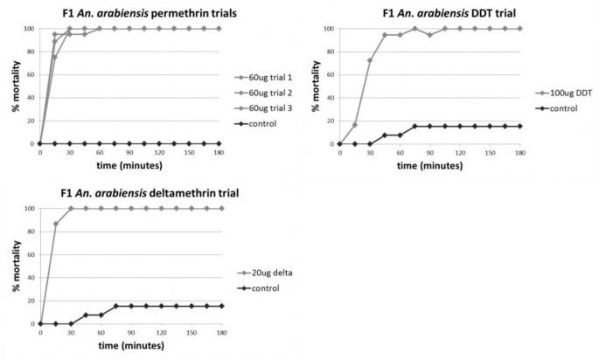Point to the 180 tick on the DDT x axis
click(x=520, y=153)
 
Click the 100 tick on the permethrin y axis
click(x=30, y=29)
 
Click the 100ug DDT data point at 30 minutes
click(x=370, y=60)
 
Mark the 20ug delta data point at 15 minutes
click(x=55, y=224)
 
